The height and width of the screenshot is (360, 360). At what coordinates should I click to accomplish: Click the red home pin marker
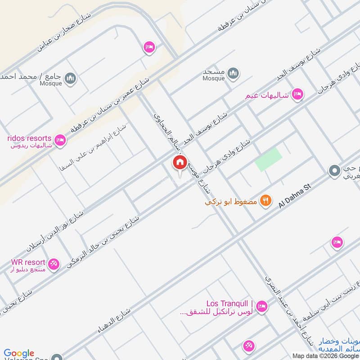coord(180,162)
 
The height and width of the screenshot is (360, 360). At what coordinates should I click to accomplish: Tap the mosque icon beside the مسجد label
coord(233,73)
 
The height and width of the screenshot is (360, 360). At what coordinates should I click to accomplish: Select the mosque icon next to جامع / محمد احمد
coord(70,79)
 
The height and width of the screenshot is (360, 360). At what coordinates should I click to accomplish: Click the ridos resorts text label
coord(29,138)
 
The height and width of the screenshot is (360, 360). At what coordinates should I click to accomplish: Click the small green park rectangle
coord(269,160)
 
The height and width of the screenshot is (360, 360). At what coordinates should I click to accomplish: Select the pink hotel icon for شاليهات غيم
coord(297,94)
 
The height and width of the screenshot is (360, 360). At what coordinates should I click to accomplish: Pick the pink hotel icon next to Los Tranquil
coord(263,306)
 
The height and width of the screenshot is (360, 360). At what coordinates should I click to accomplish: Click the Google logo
coord(19,354)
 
